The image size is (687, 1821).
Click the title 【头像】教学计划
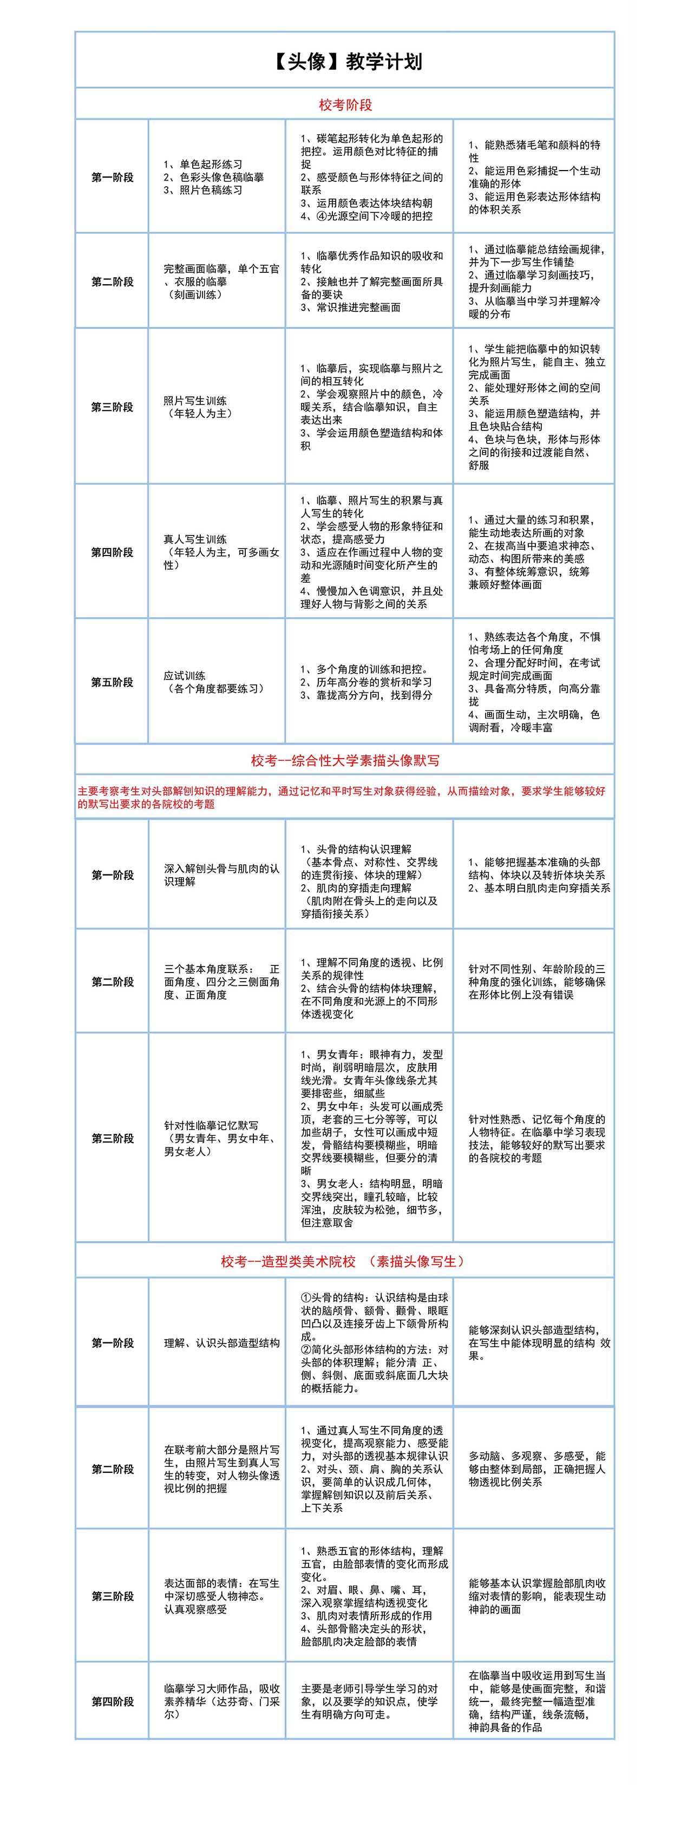click(x=345, y=62)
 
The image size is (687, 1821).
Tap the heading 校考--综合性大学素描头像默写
click(x=345, y=761)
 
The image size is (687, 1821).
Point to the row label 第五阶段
click(x=113, y=682)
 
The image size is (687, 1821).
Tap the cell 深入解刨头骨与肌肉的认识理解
click(x=221, y=875)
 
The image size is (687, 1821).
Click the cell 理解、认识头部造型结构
click(x=221, y=1342)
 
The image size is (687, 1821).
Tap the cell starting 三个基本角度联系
click(x=221, y=982)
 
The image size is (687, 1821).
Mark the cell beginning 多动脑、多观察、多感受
click(x=536, y=1469)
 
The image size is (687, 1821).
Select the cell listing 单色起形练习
click(x=213, y=177)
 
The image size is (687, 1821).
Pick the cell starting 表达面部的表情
click(x=221, y=1596)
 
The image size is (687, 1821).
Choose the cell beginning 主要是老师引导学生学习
click(x=369, y=1701)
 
